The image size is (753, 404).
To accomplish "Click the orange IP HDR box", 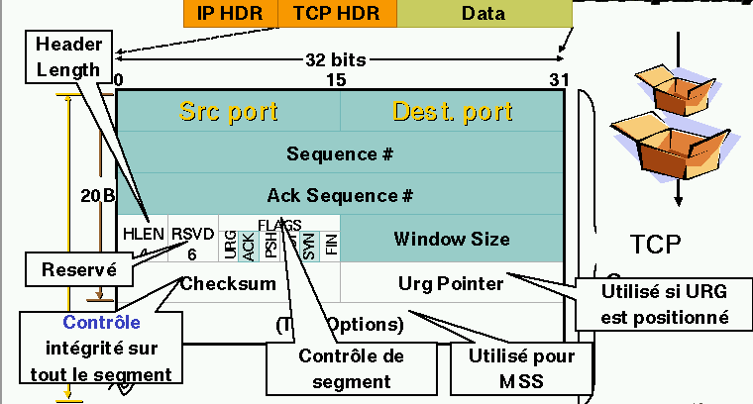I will click(x=231, y=13).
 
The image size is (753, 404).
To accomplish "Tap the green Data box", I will click(x=484, y=13).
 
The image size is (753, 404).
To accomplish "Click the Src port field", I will click(x=228, y=111).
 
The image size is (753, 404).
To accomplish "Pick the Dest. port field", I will click(x=452, y=111).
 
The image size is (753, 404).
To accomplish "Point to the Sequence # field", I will click(x=341, y=154).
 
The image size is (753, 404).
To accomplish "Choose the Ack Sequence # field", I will click(x=341, y=195).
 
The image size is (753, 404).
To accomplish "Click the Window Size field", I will click(x=452, y=239).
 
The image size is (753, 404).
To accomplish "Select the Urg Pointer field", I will click(x=452, y=284).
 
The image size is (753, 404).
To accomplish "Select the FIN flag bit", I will click(x=331, y=243).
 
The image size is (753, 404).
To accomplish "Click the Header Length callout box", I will click(x=69, y=55).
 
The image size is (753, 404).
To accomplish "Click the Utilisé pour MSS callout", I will click(x=522, y=367).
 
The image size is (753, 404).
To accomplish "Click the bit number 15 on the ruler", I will click(x=336, y=79).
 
